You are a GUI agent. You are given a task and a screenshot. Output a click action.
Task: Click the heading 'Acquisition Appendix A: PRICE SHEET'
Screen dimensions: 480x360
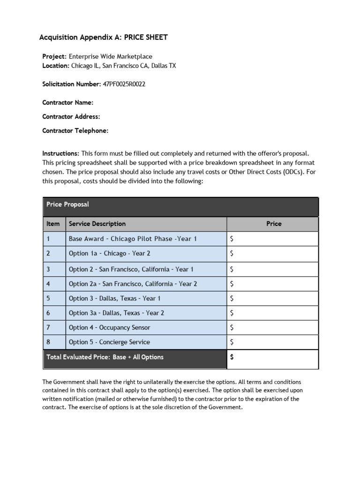(103, 37)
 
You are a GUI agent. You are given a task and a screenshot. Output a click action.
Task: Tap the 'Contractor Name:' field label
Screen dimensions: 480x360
(67, 102)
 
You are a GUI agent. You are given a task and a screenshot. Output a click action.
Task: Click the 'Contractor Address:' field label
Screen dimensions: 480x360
(71, 116)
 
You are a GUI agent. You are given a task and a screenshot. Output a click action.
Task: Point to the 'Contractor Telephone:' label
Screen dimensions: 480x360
(75, 131)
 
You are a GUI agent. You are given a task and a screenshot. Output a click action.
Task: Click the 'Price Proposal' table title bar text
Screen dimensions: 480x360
(67, 204)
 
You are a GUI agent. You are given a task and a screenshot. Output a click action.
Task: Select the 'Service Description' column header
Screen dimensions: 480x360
(97, 224)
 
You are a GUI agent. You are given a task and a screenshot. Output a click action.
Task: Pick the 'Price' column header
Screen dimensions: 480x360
(274, 224)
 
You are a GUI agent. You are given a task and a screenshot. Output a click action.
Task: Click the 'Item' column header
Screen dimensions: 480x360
(53, 224)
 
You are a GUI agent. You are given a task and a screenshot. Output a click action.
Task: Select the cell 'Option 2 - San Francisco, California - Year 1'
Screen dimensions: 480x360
(131, 269)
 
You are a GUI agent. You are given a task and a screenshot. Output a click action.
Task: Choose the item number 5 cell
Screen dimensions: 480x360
(48, 298)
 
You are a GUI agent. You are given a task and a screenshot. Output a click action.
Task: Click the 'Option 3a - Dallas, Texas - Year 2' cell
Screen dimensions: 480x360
(116, 313)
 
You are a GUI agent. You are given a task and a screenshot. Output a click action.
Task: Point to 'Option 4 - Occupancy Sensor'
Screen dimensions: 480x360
(109, 327)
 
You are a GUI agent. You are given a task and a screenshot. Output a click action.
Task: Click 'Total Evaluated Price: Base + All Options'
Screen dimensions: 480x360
(105, 357)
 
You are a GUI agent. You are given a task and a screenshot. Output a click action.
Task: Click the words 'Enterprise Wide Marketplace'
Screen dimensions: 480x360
(111, 56)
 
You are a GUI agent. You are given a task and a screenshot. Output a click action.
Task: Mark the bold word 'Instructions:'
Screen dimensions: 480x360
(61, 153)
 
